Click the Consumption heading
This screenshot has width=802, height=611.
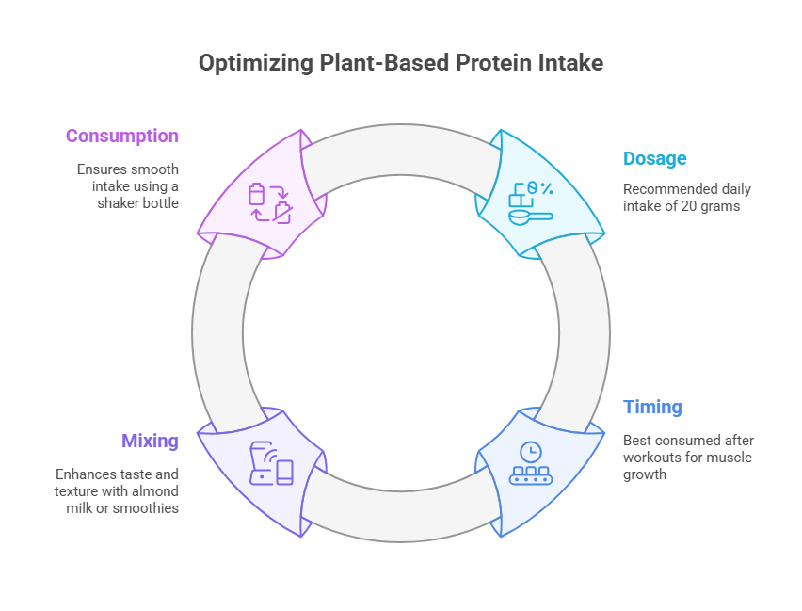pos(121,136)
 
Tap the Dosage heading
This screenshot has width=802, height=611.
pos(654,158)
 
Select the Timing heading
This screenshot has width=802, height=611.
pos(652,407)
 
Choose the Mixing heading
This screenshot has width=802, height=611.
pos(150,440)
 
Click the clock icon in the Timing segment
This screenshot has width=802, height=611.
pos(531,451)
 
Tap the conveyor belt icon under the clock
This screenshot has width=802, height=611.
pos(531,475)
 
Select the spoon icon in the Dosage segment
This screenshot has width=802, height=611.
pos(530,217)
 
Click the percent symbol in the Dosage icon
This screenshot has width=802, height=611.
pos(545,189)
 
